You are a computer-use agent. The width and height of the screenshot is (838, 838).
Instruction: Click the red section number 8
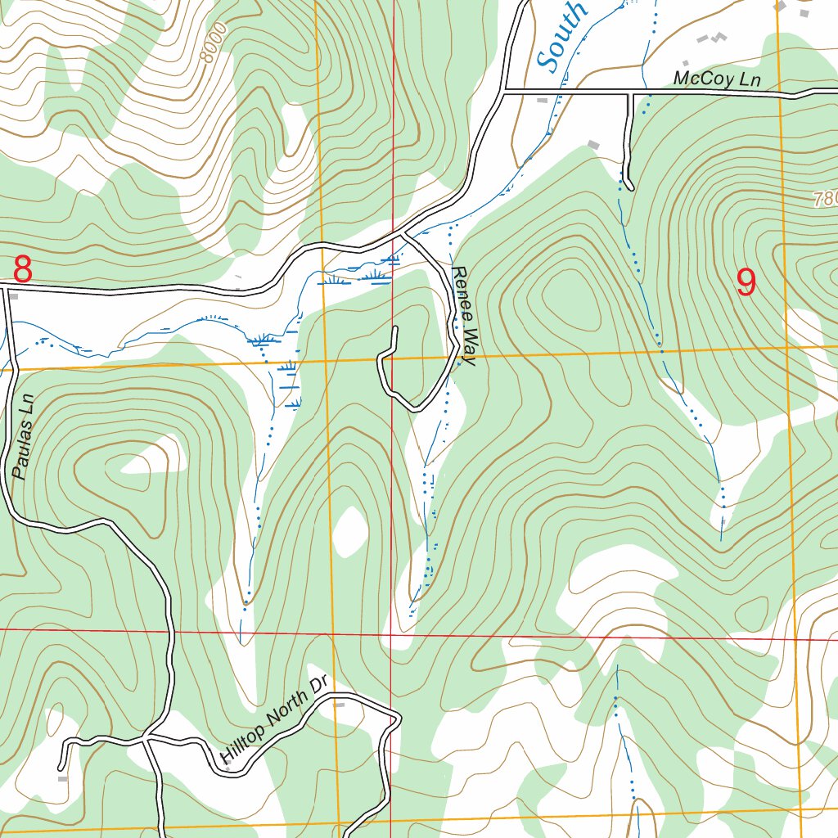click(23, 269)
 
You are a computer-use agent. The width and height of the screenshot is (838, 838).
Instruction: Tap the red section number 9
click(746, 282)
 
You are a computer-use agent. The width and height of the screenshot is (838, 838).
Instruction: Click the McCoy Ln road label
click(717, 79)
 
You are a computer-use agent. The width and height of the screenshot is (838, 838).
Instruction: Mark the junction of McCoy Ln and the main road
click(503, 91)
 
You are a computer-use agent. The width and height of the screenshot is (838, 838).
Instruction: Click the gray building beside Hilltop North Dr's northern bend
click(340, 704)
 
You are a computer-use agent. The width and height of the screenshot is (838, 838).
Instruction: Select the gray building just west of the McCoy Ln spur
click(593, 145)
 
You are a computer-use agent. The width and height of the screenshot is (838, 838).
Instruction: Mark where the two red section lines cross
click(391, 633)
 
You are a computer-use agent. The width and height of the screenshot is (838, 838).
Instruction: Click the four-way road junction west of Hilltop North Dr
click(147, 739)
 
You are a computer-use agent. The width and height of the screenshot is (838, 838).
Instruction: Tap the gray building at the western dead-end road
click(63, 778)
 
